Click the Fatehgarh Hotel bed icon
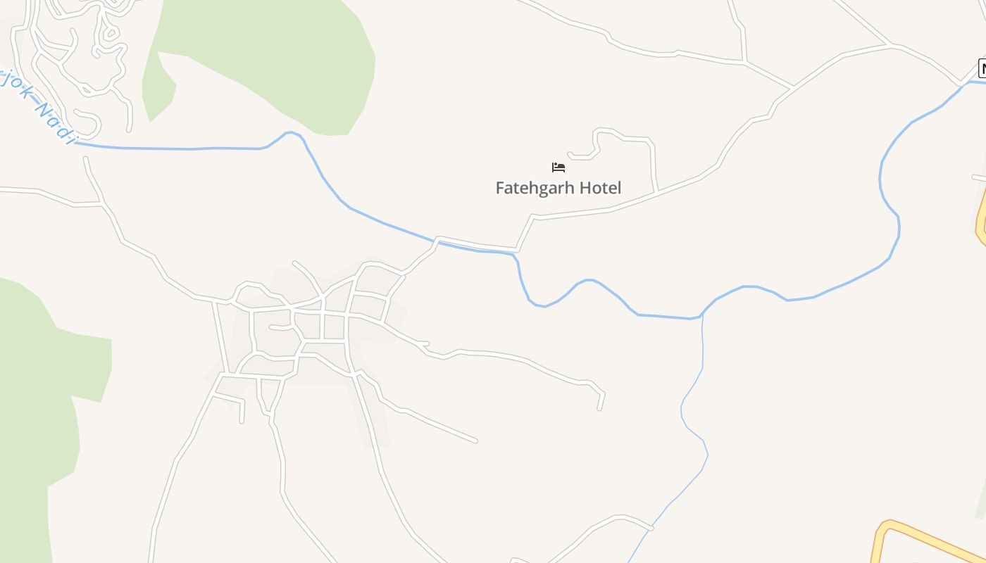(x=558, y=167)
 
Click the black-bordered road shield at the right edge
(x=982, y=69)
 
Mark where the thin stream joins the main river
(x=702, y=316)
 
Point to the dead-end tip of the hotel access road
(x=569, y=153)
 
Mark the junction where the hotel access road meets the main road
(x=656, y=191)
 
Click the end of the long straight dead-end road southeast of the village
(x=476, y=441)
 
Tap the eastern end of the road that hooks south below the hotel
(x=599, y=408)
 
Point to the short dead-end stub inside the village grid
(x=271, y=327)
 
